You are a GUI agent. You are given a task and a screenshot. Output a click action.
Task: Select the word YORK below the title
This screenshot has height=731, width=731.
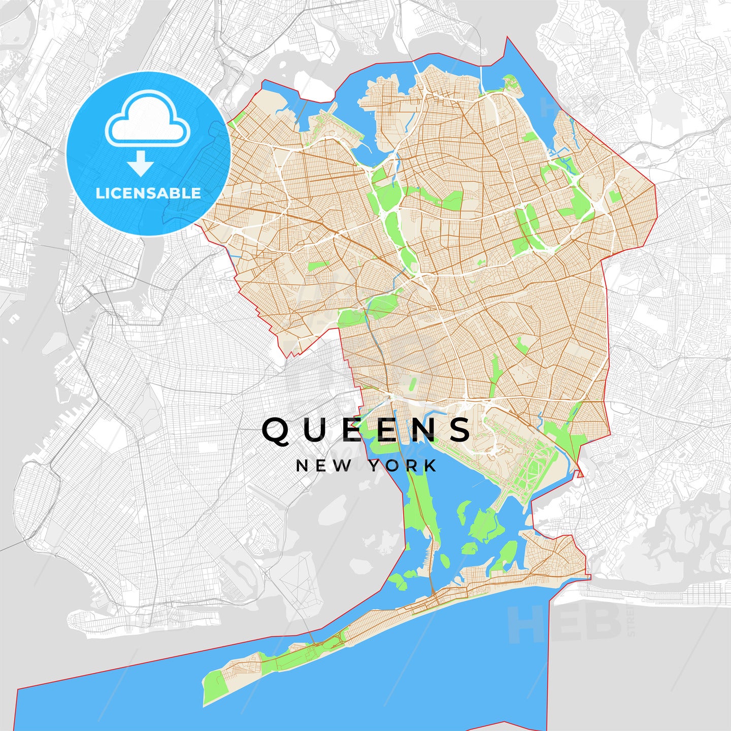[x=403, y=466]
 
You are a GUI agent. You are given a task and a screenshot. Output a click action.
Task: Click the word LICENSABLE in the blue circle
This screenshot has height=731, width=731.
[x=148, y=193]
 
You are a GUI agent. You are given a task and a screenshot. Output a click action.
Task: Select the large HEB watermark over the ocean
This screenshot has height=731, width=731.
[x=563, y=624]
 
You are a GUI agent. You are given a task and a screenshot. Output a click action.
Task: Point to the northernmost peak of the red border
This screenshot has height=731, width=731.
[x=507, y=38]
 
